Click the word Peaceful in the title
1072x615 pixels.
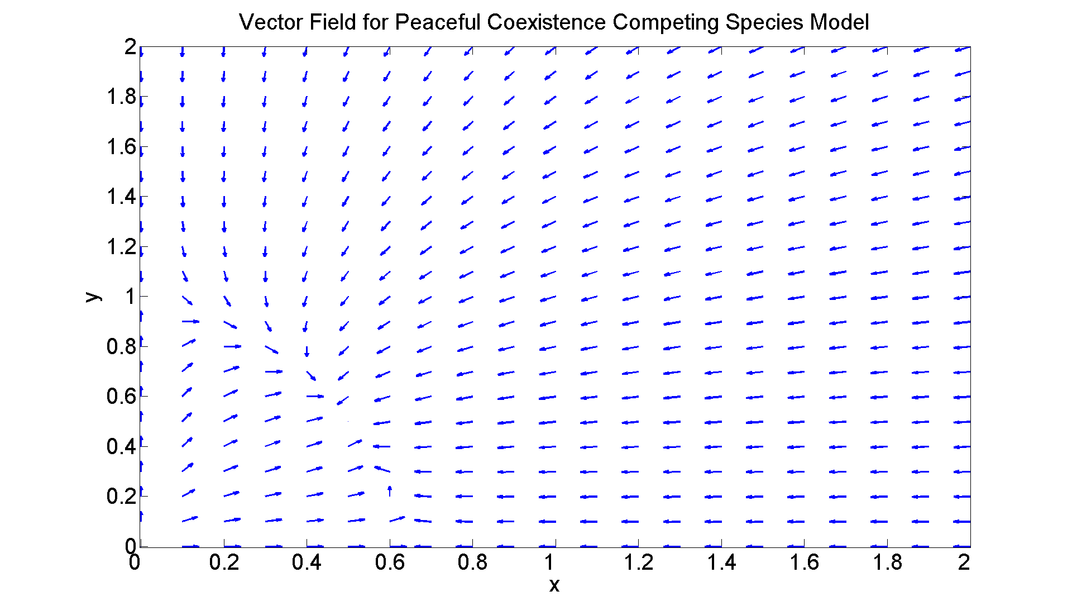(x=437, y=22)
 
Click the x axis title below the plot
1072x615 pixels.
(x=554, y=585)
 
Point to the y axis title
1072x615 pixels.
(x=93, y=297)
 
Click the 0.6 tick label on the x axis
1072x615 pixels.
(x=390, y=562)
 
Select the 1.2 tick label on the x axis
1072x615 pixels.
(x=639, y=562)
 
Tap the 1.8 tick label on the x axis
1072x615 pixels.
(x=888, y=562)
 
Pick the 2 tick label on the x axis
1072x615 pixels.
(x=964, y=562)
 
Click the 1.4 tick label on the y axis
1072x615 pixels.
(x=121, y=197)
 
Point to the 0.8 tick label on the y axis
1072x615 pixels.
(x=121, y=346)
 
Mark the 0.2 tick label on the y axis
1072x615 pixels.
(x=121, y=496)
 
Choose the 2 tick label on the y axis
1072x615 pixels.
(x=130, y=47)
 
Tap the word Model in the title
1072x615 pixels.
(x=840, y=22)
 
